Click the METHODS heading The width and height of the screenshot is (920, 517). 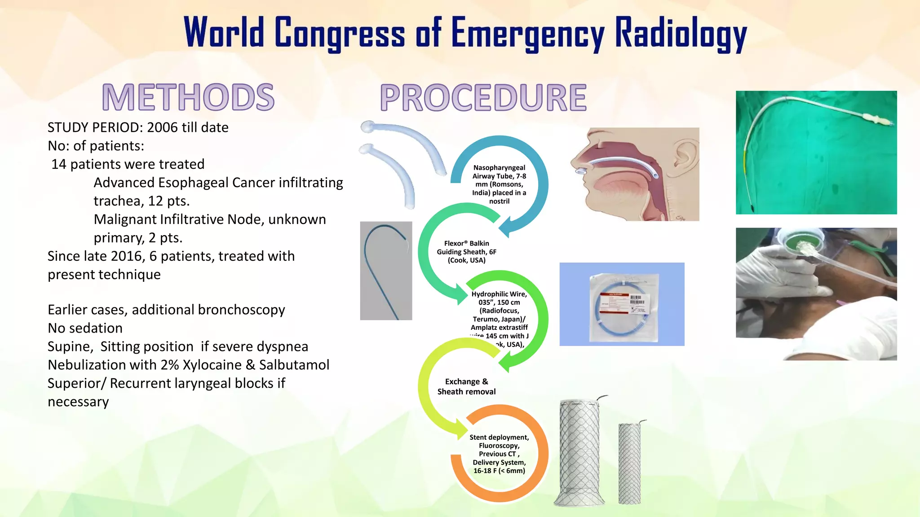click(188, 97)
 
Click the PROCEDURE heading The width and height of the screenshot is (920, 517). click(483, 97)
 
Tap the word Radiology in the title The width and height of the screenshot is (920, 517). click(680, 33)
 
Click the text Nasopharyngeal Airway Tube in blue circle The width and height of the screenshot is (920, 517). click(499, 172)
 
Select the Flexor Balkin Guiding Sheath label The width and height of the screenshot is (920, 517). click(466, 251)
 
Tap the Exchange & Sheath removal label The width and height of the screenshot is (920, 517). click(466, 386)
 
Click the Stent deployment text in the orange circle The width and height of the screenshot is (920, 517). click(499, 437)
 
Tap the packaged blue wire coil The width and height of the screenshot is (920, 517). click(622, 305)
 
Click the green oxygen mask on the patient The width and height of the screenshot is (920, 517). click(804, 243)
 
